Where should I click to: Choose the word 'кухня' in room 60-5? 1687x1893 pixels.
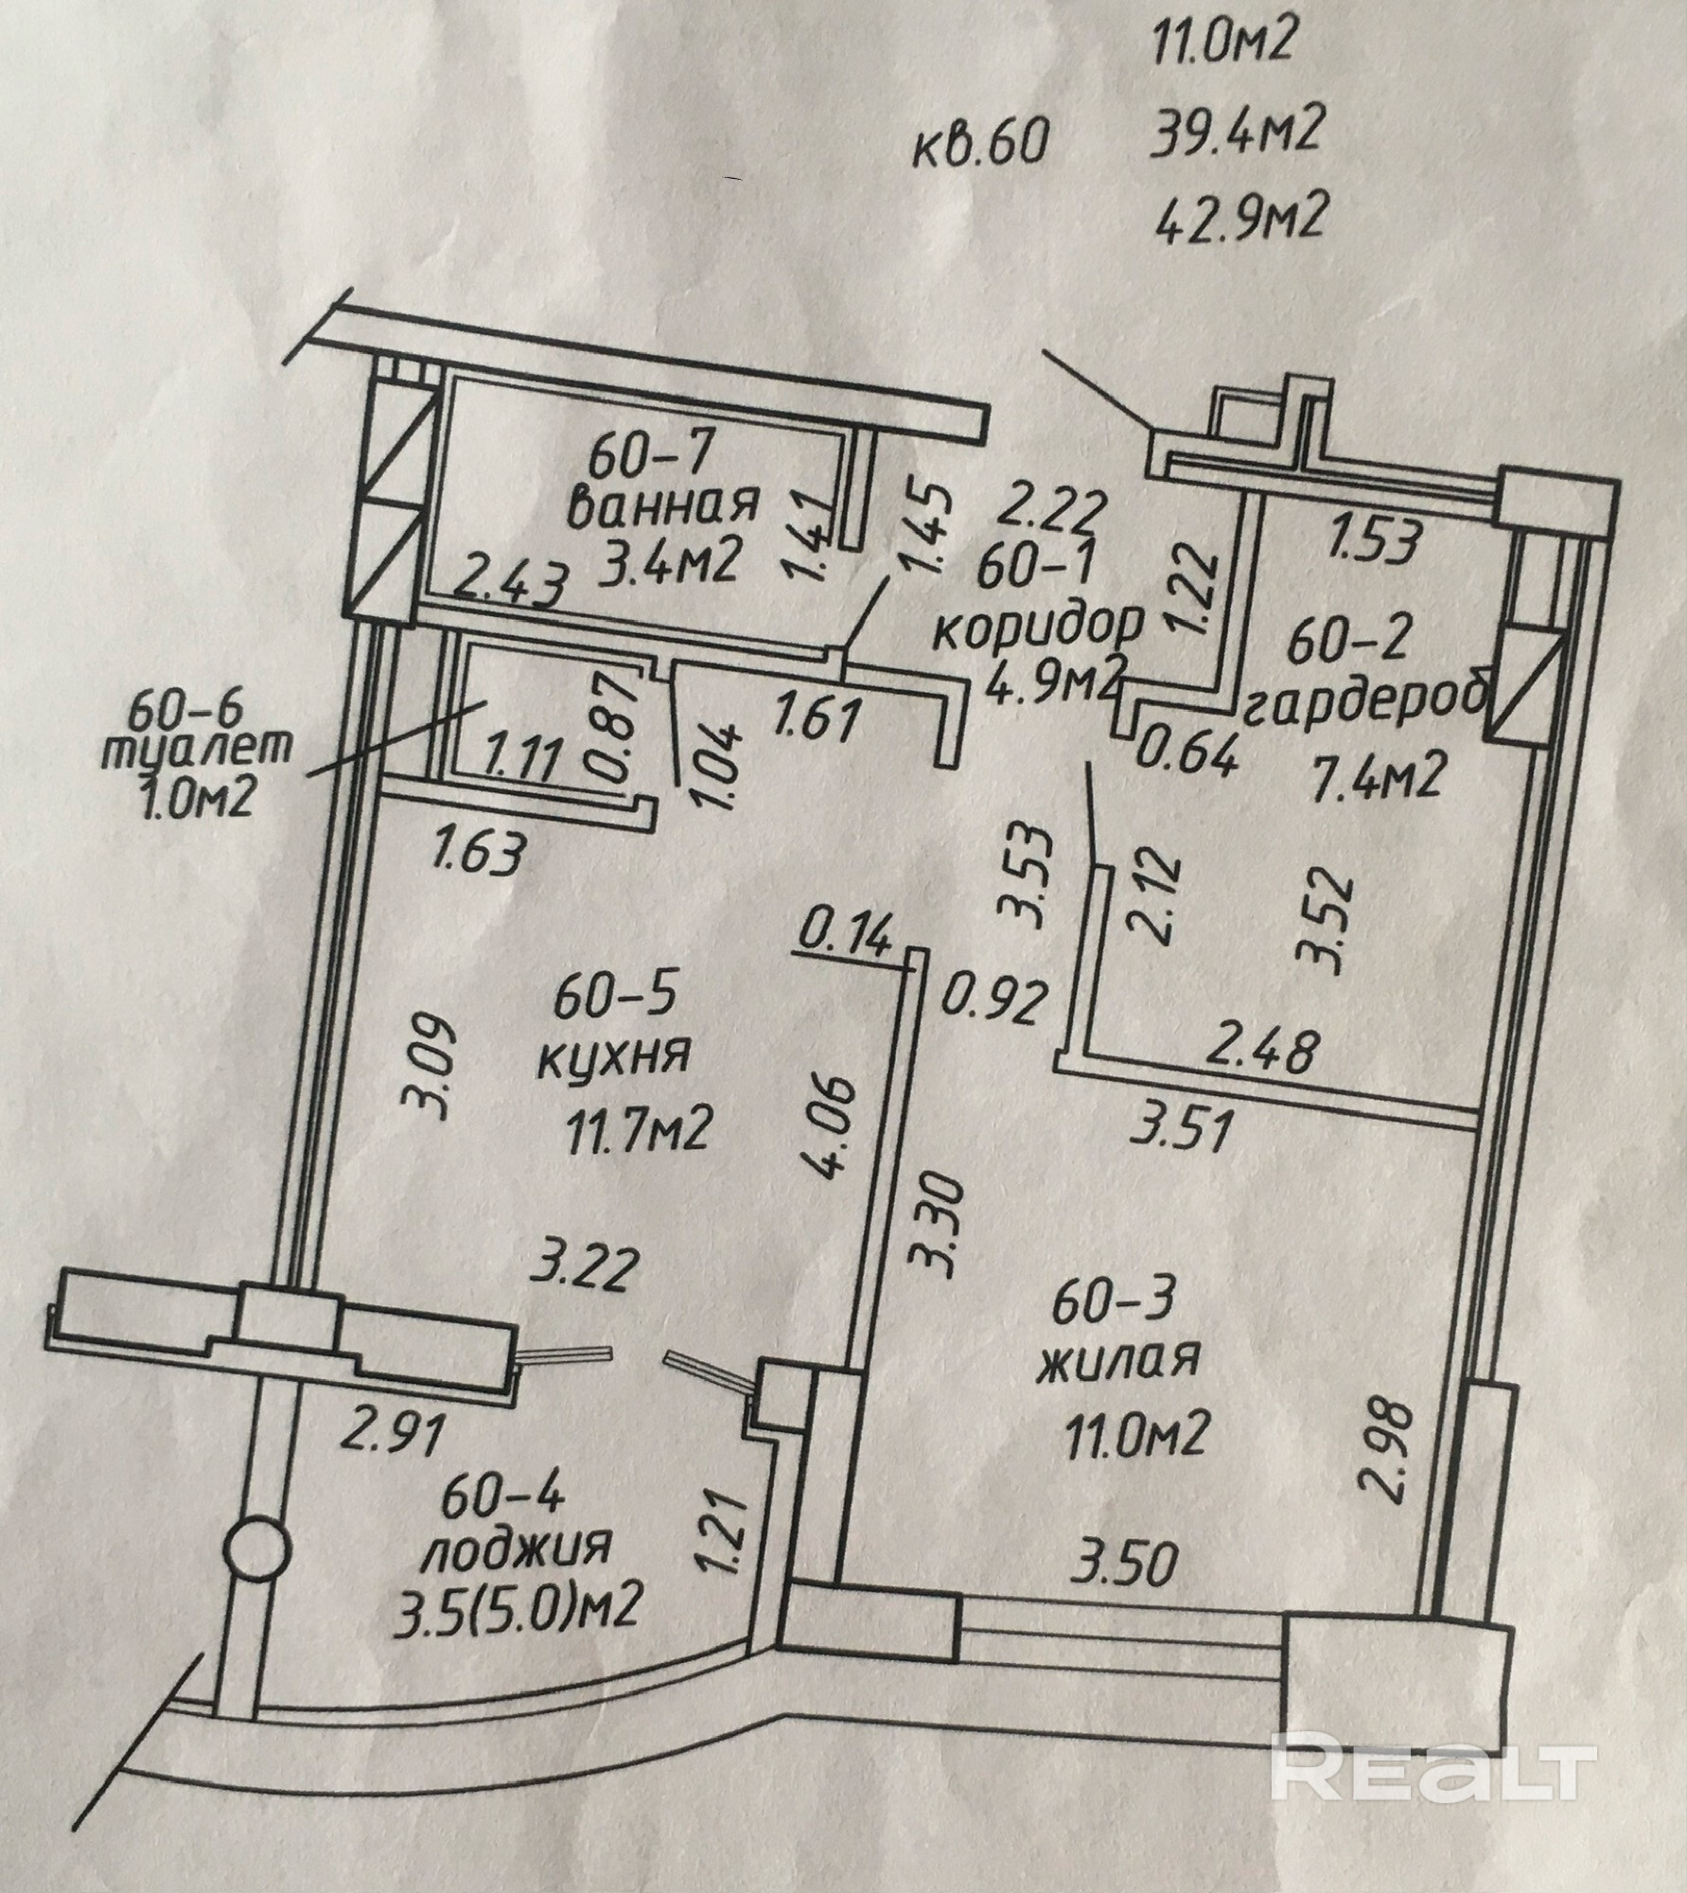click(x=612, y=1054)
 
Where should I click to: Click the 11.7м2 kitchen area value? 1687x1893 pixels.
click(x=638, y=1128)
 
